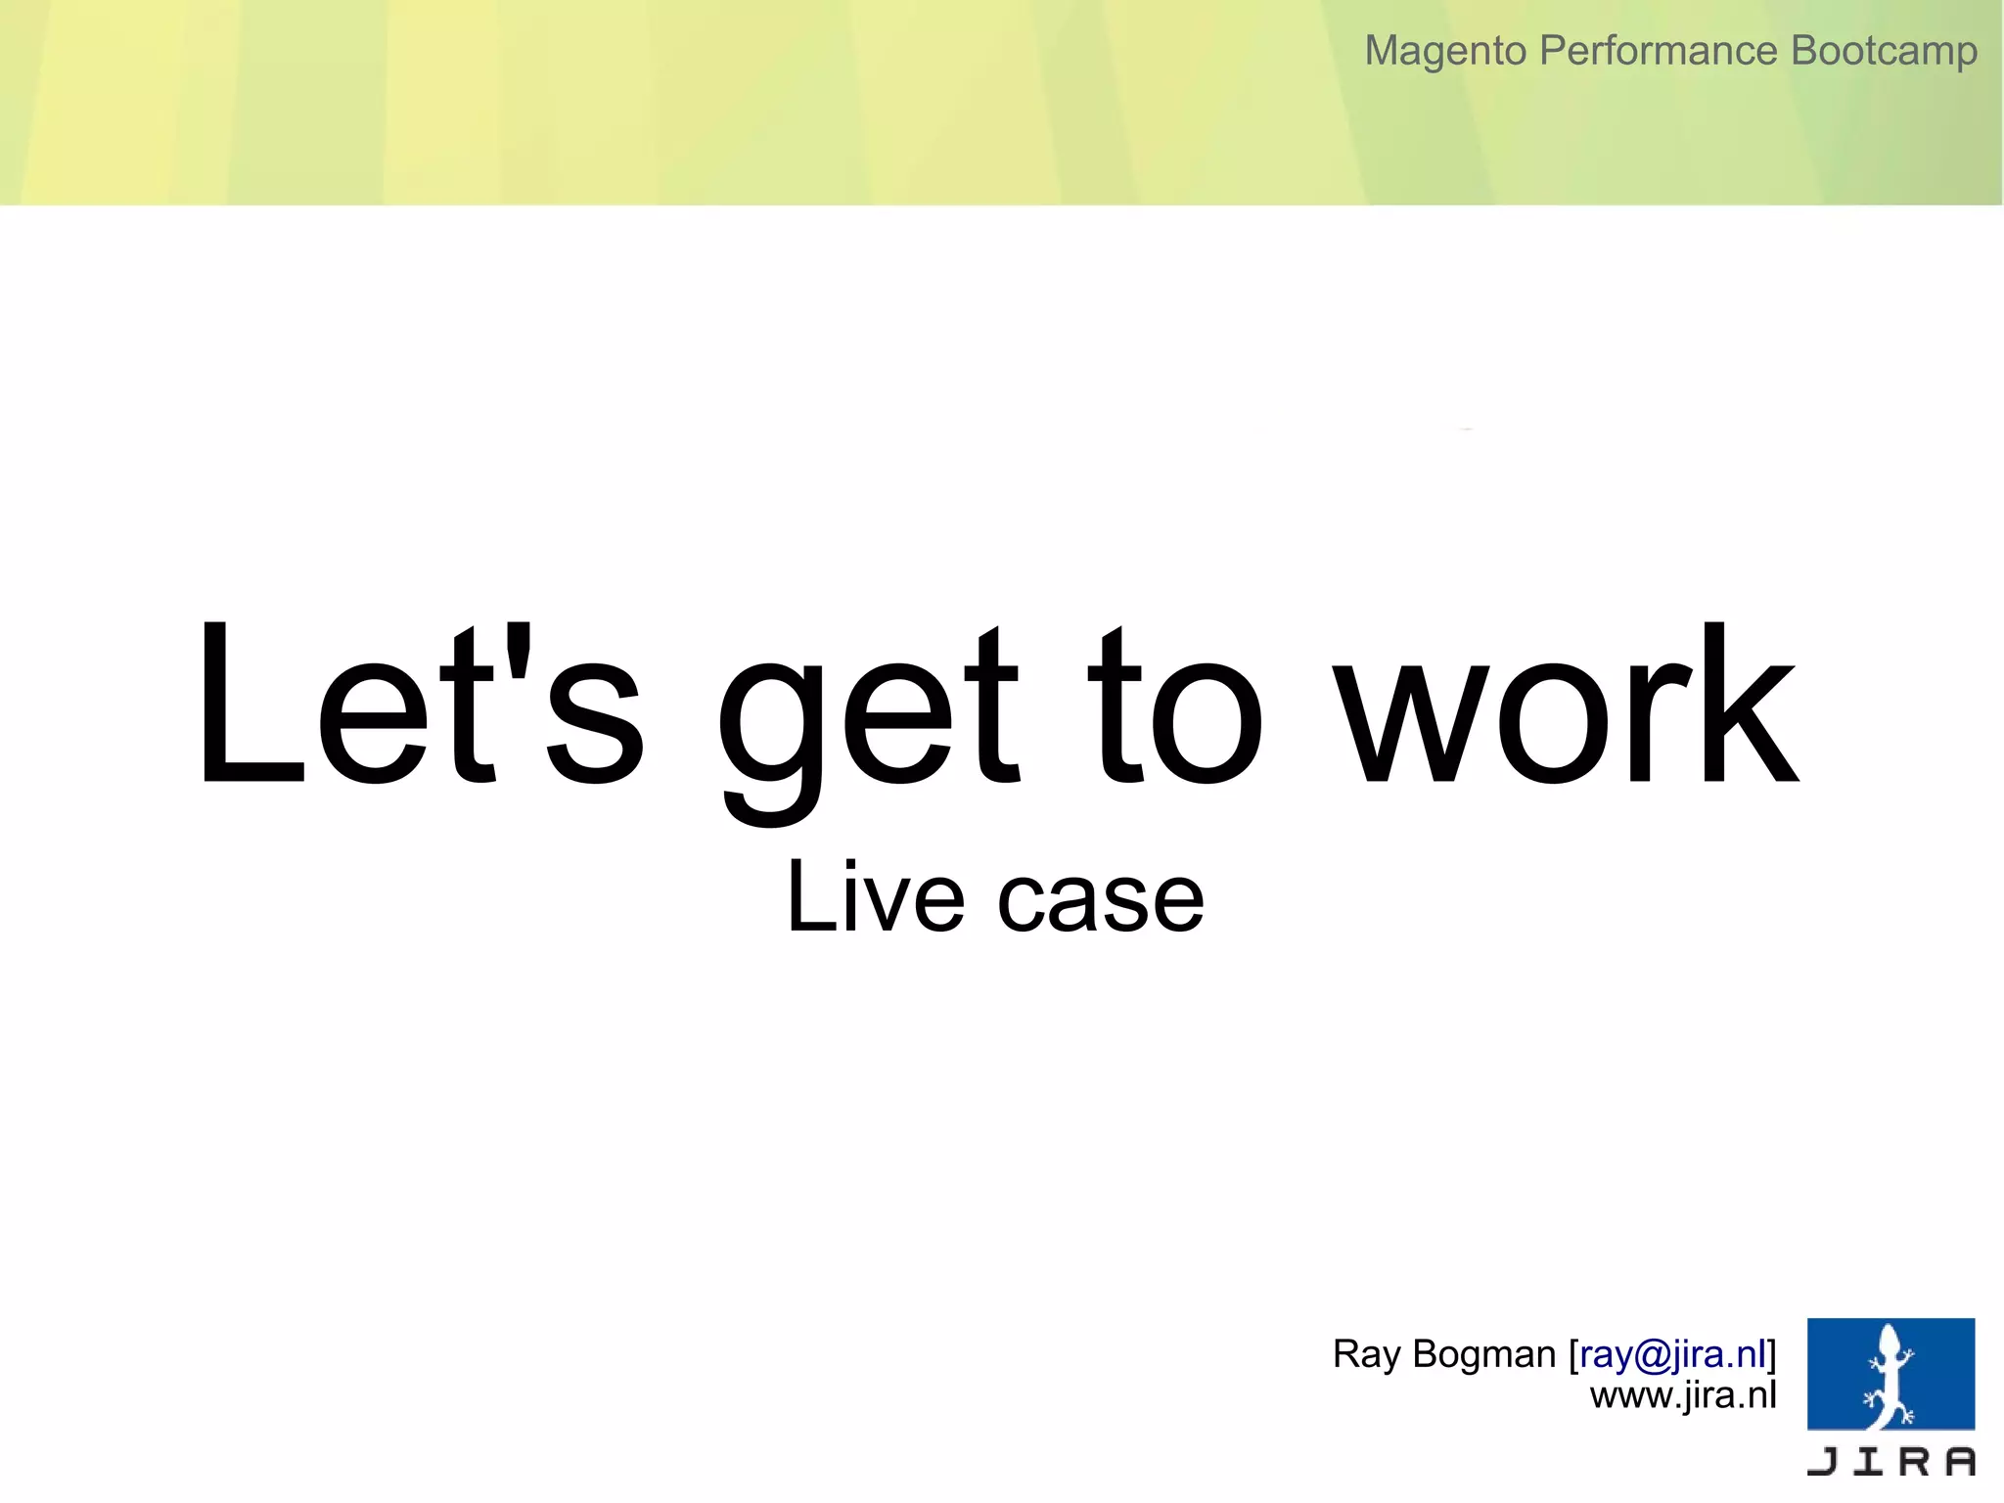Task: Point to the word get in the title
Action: click(869, 719)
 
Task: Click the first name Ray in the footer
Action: click(1366, 1354)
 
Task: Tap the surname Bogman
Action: click(1484, 1354)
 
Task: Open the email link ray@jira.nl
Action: click(1672, 1354)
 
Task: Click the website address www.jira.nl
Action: click(1682, 1395)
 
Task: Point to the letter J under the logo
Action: click(1823, 1461)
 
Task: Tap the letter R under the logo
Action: click(1914, 1461)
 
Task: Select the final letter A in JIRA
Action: click(1959, 1461)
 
